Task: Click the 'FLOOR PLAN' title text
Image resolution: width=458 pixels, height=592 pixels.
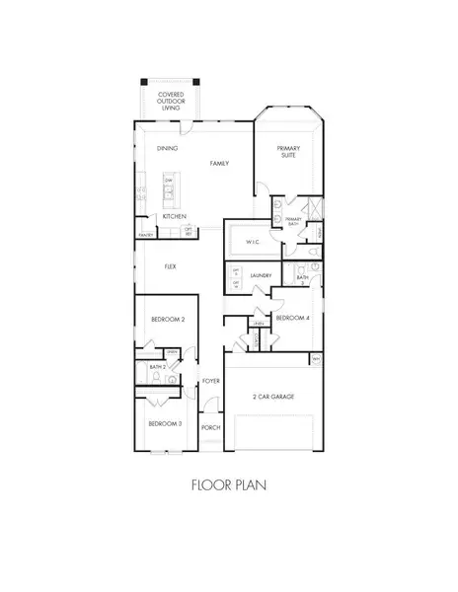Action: (228, 484)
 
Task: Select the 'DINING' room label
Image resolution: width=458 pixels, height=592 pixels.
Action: (167, 149)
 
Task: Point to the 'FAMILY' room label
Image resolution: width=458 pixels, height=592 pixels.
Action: (218, 163)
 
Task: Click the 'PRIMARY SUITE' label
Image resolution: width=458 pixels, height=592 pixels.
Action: (288, 154)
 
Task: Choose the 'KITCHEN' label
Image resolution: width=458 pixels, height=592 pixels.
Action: (175, 216)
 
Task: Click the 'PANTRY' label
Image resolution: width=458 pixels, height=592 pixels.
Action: (146, 235)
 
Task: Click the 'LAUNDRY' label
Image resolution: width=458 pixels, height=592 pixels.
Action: (261, 276)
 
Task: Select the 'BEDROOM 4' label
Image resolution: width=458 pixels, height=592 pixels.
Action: (292, 318)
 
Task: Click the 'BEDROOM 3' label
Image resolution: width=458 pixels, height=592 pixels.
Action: (164, 422)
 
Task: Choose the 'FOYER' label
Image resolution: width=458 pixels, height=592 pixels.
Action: (210, 380)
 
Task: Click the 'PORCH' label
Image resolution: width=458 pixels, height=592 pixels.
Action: (210, 427)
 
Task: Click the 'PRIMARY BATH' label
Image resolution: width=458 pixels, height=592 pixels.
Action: (292, 222)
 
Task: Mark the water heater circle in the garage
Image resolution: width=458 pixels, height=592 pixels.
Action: (315, 360)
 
